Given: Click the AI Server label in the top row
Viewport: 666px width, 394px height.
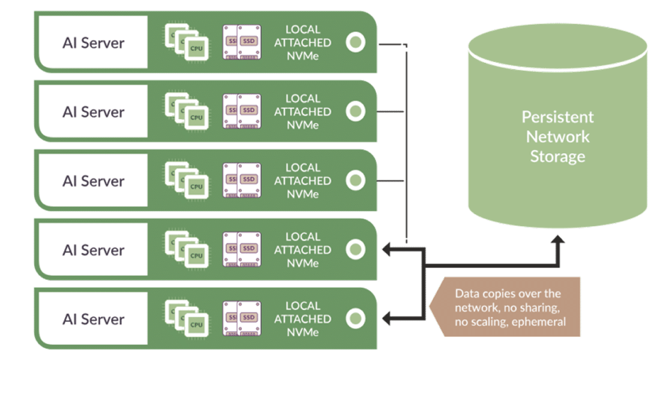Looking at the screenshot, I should (93, 43).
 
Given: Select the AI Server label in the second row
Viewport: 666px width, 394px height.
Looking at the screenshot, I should (93, 112).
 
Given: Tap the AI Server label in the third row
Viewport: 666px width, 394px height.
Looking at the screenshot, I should (93, 181).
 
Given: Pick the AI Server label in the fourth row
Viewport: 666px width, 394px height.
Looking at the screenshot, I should (93, 249).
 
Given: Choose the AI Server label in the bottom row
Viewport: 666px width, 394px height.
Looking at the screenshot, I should (93, 318).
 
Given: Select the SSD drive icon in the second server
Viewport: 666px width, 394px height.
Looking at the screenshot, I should (241, 112).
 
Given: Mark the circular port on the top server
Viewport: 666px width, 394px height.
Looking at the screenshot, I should (356, 43).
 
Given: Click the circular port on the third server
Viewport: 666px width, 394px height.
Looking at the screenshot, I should (356, 181).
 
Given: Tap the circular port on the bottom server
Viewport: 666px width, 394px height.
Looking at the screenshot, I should (356, 318).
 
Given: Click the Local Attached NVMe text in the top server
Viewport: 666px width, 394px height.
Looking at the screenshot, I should (302, 43).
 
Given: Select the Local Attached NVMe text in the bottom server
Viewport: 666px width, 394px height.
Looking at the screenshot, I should (302, 318).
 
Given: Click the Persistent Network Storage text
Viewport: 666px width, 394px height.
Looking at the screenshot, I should (557, 136).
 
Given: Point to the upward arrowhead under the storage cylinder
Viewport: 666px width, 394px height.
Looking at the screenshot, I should (558, 241).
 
